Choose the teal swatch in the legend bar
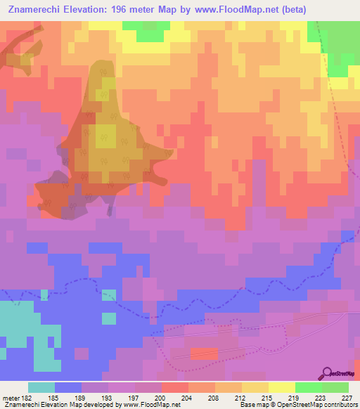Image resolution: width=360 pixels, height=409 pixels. (x=41, y=388)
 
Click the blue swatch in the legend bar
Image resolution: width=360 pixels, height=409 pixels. (x=68, y=388)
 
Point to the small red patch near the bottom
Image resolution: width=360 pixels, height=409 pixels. (x=204, y=353)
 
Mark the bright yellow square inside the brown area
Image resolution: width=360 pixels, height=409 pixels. (x=107, y=135)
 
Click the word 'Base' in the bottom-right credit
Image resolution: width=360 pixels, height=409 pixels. (x=245, y=405)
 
